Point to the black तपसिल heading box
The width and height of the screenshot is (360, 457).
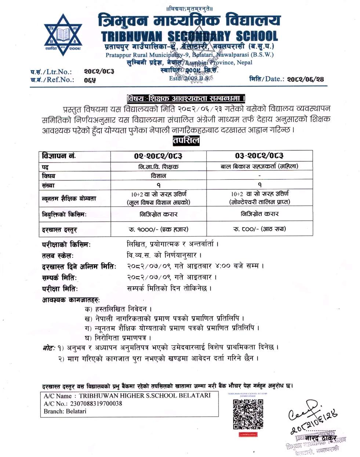click(x=186, y=140)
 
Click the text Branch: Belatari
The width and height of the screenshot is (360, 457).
click(x=65, y=411)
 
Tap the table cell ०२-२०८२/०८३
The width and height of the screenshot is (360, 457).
click(x=159, y=156)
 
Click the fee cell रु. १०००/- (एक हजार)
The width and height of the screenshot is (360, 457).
click(x=159, y=229)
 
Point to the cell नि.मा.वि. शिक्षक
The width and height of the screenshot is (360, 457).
click(x=159, y=166)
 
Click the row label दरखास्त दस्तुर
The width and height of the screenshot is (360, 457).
click(x=60, y=230)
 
